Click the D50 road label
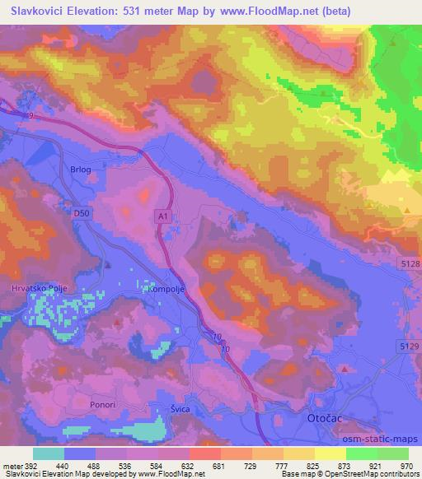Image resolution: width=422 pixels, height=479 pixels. coord(80,212)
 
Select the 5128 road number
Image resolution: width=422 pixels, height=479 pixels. coord(410,263)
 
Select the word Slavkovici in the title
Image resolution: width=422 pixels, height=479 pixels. coord(40,12)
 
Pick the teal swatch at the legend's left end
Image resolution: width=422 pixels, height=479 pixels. coord(49,453)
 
